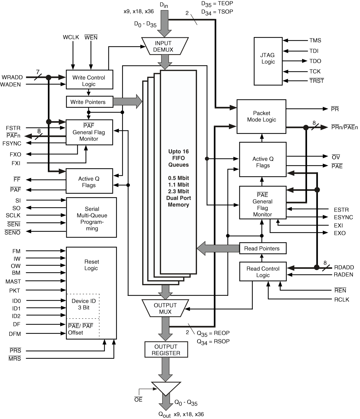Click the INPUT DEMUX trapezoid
(165, 46)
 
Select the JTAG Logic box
(268, 61)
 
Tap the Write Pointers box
(89, 102)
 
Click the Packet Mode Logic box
(261, 116)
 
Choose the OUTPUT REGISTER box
(166, 350)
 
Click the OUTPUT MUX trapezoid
(165, 308)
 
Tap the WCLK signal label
(71, 37)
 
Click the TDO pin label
(315, 61)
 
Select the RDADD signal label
(344, 267)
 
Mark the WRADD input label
(12, 77)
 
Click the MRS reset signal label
(15, 359)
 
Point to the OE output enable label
(138, 400)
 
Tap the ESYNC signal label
(343, 217)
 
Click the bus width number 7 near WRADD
(38, 72)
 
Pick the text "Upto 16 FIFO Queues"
(178, 158)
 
